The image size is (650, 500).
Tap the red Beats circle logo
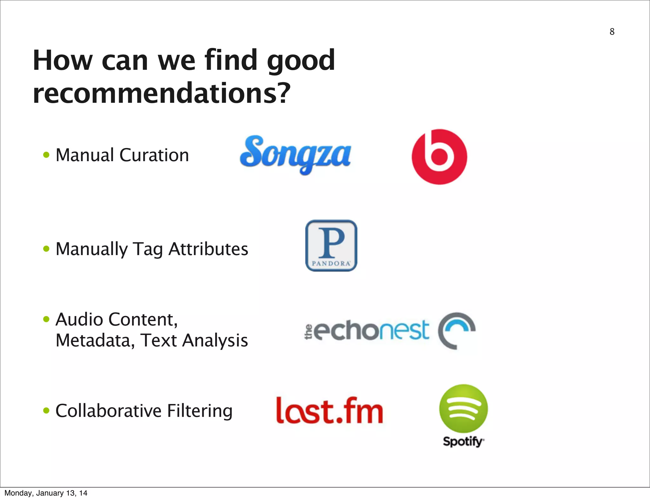point(439,157)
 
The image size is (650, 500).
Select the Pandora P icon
point(331,245)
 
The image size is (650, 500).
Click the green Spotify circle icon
point(463,409)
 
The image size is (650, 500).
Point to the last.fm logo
point(329,411)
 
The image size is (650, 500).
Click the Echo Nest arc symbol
point(456,330)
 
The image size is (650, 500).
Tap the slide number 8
point(612,32)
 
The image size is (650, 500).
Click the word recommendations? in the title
point(162,93)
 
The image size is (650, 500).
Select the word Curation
point(154,155)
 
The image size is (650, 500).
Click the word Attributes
point(208,249)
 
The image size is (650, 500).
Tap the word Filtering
point(200,411)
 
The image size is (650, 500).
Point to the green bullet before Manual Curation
point(46,155)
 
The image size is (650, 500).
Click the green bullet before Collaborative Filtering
point(46,411)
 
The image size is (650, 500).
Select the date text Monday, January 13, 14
point(46,493)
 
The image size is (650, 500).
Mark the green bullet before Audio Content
point(46,319)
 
